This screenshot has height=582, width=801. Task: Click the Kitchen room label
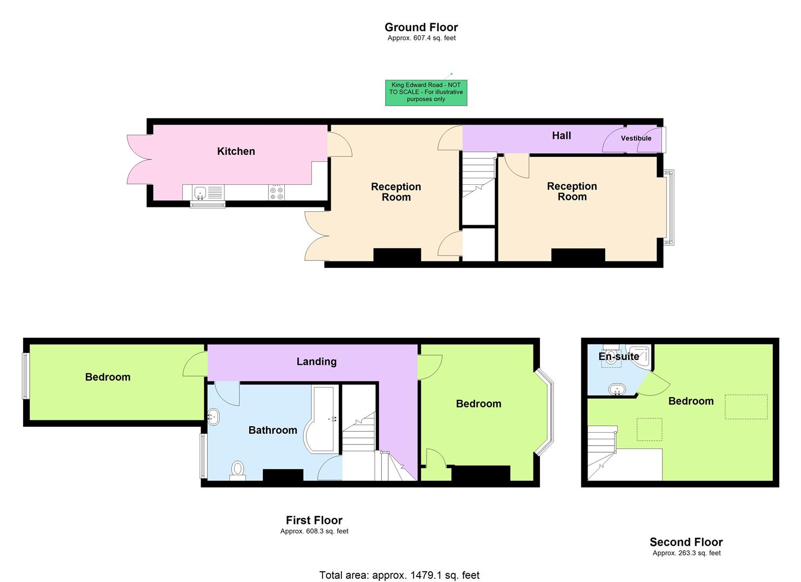[236, 151]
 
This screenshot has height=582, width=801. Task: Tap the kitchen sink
[208, 192]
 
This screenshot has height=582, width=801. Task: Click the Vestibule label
[636, 138]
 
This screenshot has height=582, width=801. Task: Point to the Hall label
[561, 136]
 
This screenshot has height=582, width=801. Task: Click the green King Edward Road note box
[426, 92]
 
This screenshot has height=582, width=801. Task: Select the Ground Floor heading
[421, 27]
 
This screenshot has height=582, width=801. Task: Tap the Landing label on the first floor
[316, 362]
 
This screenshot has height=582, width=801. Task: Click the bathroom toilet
[237, 470]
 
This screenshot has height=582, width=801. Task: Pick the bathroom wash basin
[214, 417]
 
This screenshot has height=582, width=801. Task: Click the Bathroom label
[272, 430]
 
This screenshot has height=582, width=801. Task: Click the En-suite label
[618, 357]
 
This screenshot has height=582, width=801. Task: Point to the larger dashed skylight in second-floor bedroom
[745, 406]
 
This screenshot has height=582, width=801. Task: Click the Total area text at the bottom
[399, 575]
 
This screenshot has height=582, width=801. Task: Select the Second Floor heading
[686, 542]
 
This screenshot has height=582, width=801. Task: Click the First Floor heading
[314, 520]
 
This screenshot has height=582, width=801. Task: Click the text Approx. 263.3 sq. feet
[686, 553]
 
